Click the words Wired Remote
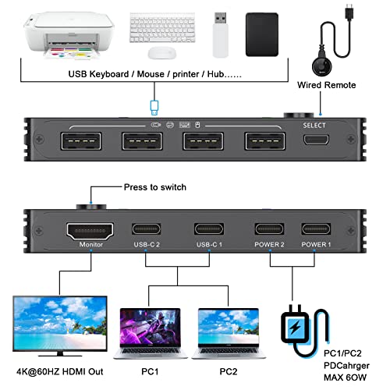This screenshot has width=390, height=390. tap(327, 85)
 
